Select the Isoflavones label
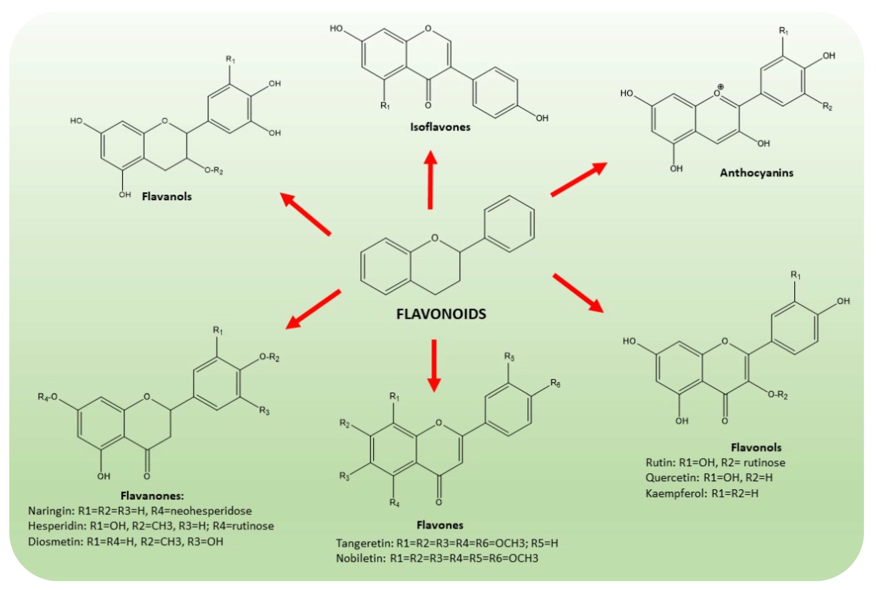(440, 127)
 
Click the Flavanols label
(166, 196)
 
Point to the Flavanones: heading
(152, 496)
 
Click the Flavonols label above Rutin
(756, 447)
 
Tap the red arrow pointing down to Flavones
(434, 365)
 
